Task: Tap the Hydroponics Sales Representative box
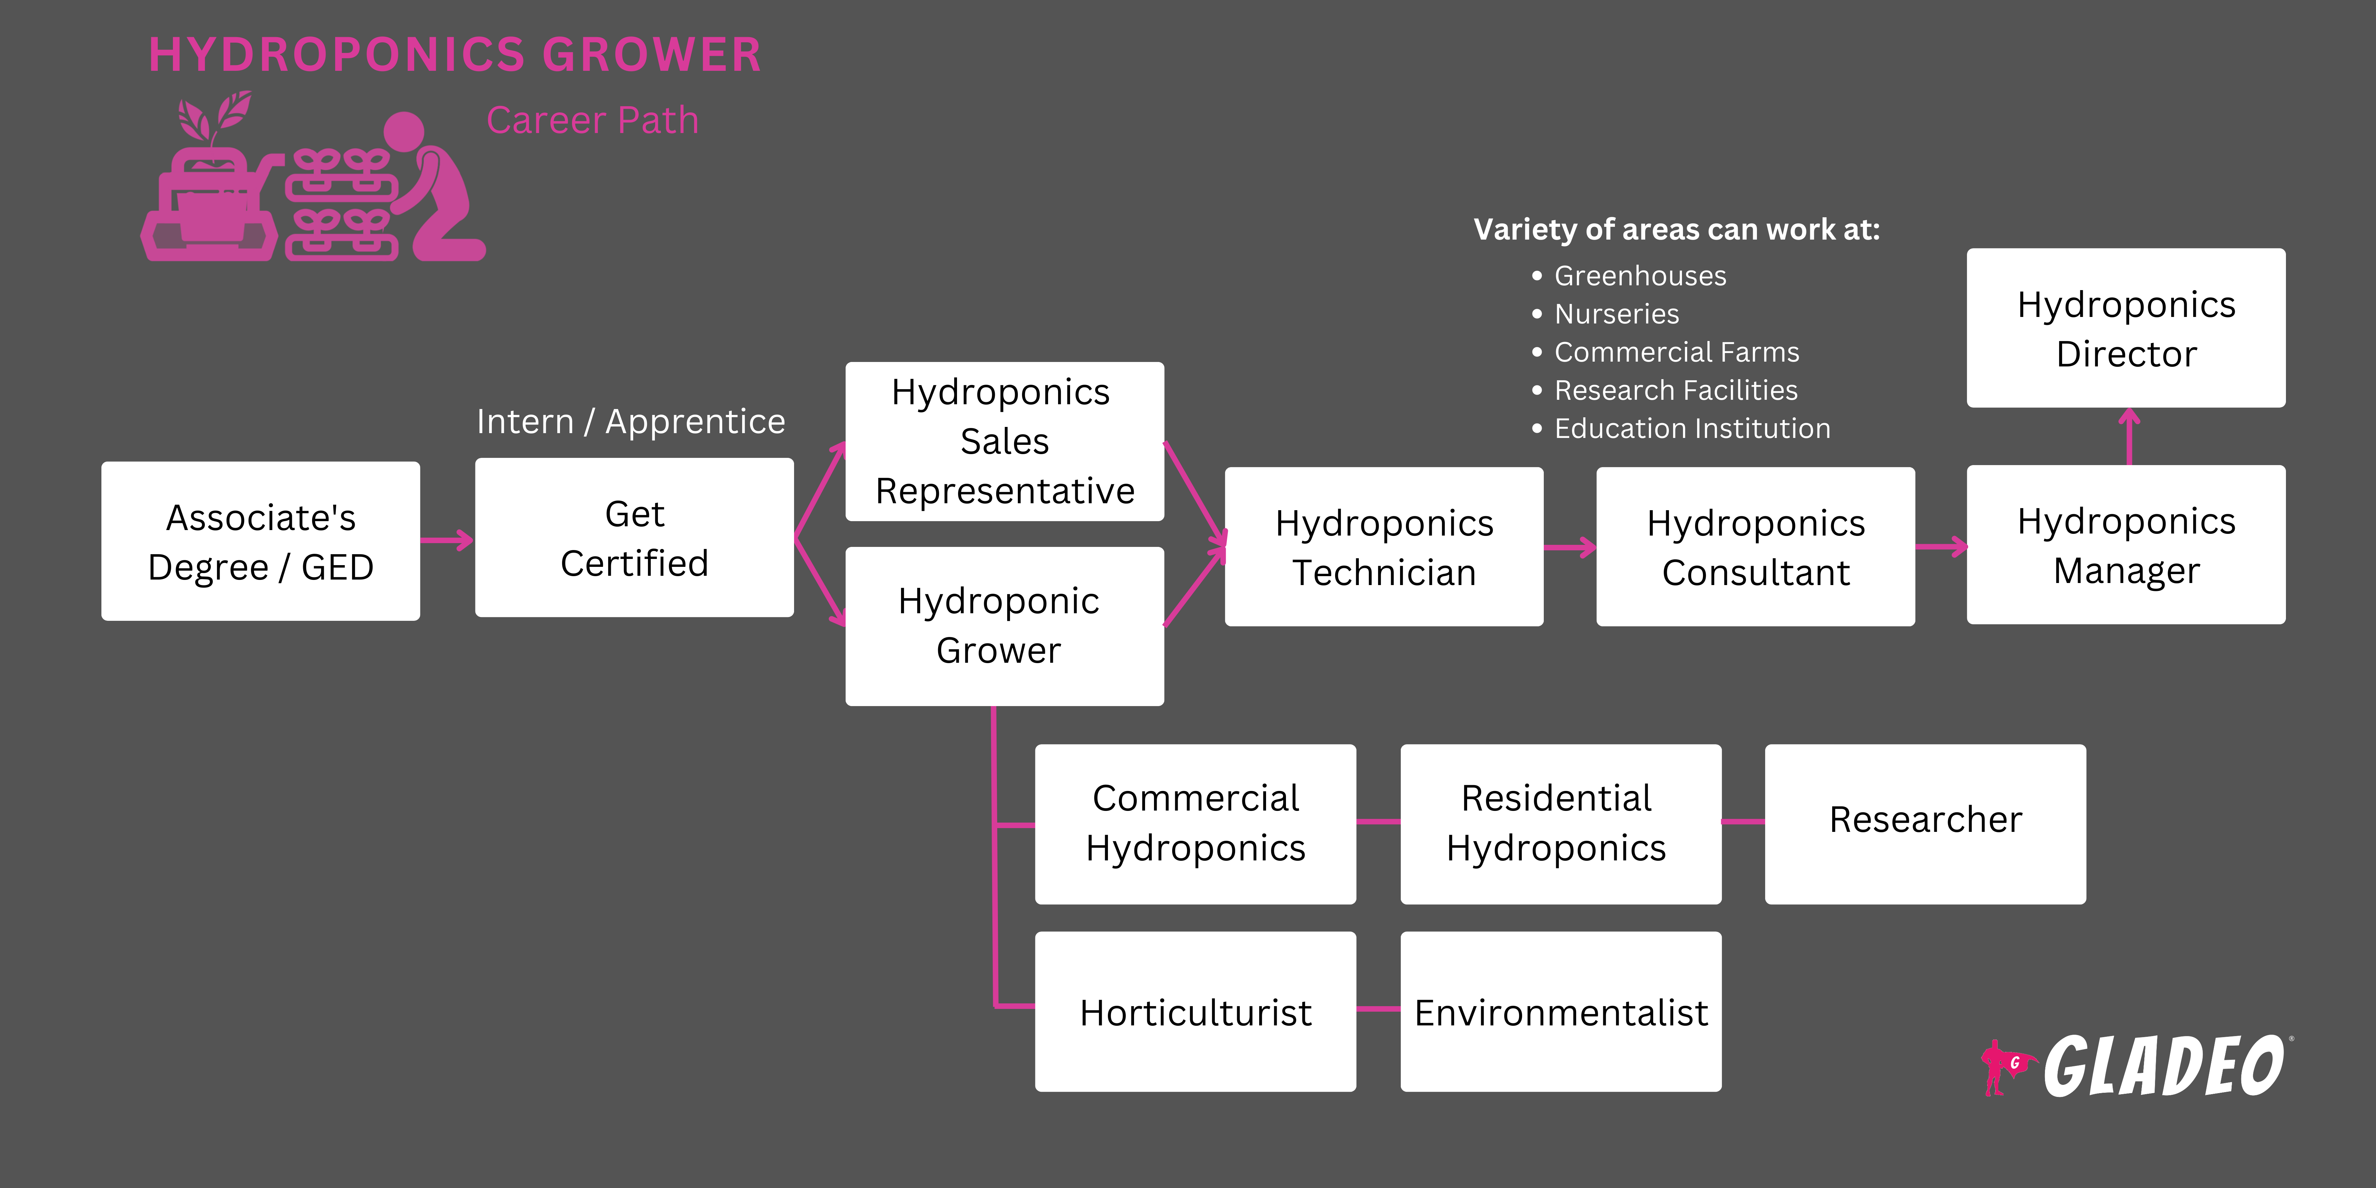click(x=1004, y=442)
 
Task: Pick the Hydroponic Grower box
click(x=1004, y=626)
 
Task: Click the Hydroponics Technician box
click(x=1384, y=547)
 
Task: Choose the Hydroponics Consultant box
click(x=1755, y=547)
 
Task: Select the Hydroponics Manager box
click(x=2126, y=545)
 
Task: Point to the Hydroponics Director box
click(x=2126, y=328)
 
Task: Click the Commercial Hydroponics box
click(x=1195, y=824)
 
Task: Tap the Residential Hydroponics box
click(x=1561, y=824)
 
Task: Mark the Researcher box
click(x=1925, y=824)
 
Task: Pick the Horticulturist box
click(x=1195, y=1012)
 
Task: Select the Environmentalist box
click(x=1561, y=1012)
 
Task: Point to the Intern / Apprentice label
click(x=631, y=421)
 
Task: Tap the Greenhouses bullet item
click(x=1640, y=276)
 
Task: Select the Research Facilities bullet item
click(x=1676, y=390)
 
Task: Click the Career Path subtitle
click(x=592, y=121)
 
